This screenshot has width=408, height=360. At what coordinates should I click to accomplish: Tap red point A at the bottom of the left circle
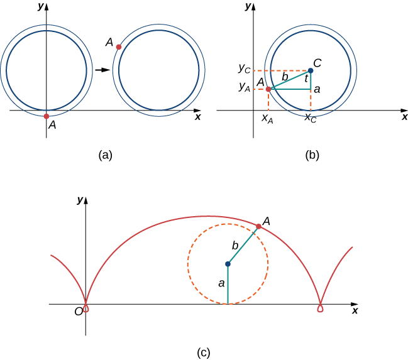(47, 116)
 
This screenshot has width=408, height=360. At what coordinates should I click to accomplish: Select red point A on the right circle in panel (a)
(119, 47)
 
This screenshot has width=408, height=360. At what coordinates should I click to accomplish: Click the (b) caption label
(311, 155)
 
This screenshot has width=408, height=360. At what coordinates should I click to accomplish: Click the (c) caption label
(204, 352)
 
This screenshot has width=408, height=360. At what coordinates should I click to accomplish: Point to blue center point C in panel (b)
(311, 70)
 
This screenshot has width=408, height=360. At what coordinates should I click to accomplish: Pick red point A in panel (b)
(268, 89)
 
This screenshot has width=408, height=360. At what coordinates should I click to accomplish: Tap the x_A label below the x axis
(268, 119)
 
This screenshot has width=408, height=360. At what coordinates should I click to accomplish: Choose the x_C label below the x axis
(310, 118)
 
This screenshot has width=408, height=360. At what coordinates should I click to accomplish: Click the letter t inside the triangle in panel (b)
(306, 79)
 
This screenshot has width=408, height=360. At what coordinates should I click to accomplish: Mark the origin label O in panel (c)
(79, 312)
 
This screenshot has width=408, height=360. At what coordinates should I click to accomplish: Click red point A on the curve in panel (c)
(258, 226)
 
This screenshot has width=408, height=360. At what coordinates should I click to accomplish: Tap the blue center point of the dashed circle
(228, 265)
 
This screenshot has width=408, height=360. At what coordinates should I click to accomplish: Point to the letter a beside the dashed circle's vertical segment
(221, 284)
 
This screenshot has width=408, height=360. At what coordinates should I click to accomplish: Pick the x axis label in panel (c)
(355, 311)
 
